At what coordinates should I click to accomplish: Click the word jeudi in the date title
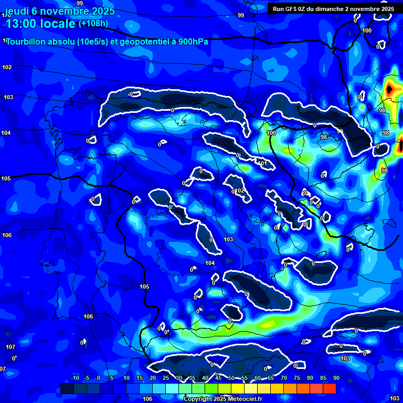[x=18, y=11]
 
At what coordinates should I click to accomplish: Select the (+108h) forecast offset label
[x=93, y=23]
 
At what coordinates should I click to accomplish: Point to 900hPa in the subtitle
[x=191, y=42]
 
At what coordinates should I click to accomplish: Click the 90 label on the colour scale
[x=336, y=378]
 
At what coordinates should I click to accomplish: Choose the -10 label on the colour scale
[x=75, y=378]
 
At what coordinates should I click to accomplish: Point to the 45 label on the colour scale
[x=218, y=378]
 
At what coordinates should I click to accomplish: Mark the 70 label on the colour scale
[x=284, y=378]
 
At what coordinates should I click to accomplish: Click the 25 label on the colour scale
[x=166, y=378]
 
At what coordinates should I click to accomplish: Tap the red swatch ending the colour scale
[x=330, y=388]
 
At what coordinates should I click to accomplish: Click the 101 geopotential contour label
[x=263, y=163]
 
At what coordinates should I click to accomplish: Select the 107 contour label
[x=10, y=347]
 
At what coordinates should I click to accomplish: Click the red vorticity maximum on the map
[x=389, y=90]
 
